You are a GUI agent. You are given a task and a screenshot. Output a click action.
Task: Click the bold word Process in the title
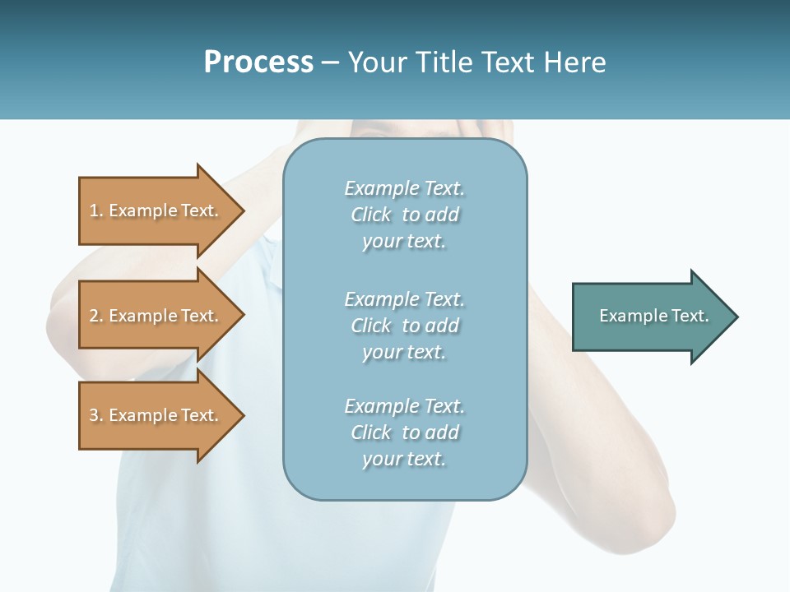click(x=258, y=62)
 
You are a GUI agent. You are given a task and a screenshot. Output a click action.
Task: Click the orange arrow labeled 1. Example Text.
click(x=156, y=210)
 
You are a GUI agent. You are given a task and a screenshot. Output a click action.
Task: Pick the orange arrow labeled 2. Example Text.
click(x=156, y=316)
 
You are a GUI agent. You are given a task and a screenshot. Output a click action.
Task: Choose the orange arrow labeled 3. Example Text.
click(x=156, y=415)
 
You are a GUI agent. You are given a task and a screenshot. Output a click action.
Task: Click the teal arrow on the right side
click(x=650, y=317)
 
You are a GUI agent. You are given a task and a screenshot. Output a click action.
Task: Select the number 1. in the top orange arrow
click(x=95, y=210)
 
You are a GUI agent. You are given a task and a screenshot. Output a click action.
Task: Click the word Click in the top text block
click(x=371, y=215)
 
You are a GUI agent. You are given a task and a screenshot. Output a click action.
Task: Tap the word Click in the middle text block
click(x=371, y=326)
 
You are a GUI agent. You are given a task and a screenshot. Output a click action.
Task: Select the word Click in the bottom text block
click(x=371, y=432)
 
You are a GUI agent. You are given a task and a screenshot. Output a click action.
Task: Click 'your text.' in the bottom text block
click(x=404, y=459)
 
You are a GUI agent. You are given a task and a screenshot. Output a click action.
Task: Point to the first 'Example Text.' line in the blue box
click(x=405, y=188)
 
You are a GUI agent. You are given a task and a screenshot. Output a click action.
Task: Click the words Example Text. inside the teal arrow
click(x=654, y=316)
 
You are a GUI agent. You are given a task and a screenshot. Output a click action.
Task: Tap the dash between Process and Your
click(x=331, y=62)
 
